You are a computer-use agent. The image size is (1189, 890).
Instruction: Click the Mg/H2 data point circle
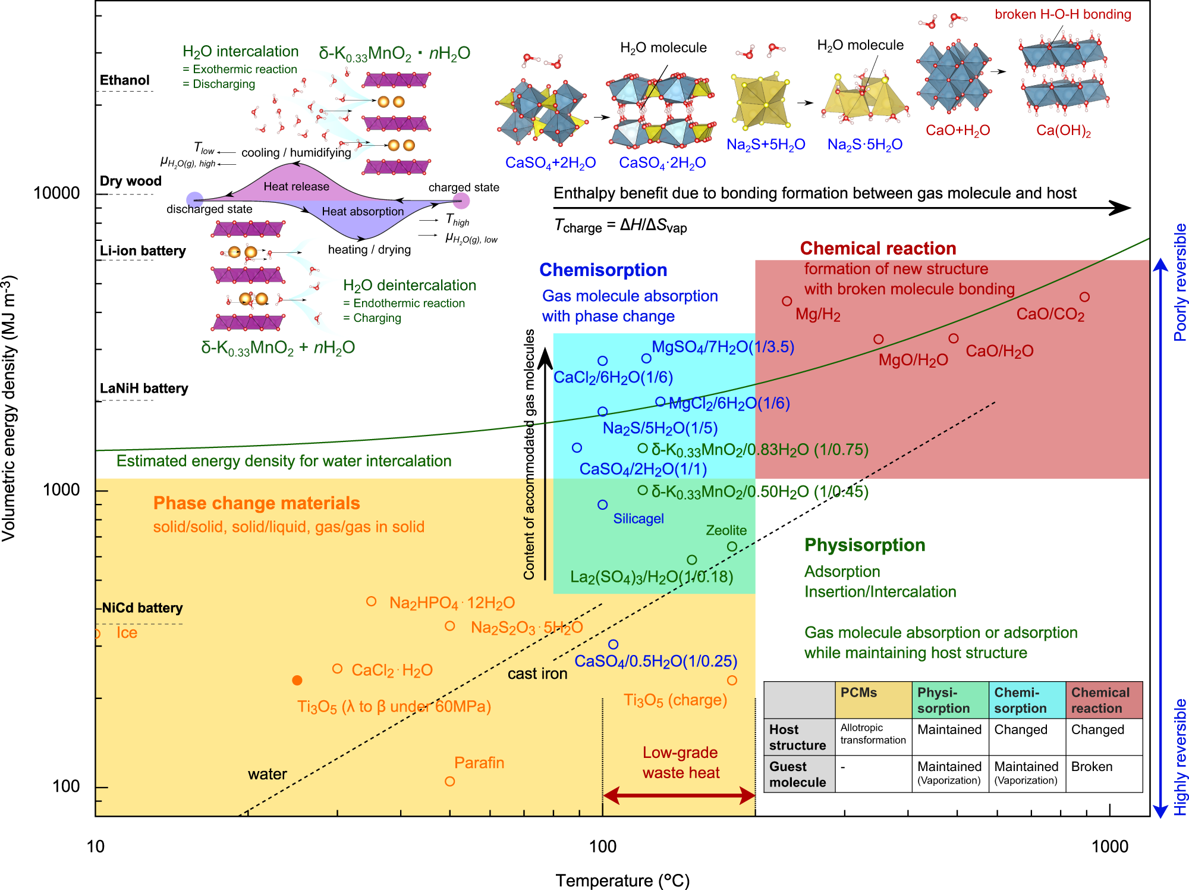point(787,301)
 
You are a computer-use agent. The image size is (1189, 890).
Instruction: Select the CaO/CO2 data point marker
point(1084,297)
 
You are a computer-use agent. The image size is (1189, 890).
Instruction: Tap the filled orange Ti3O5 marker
point(297,680)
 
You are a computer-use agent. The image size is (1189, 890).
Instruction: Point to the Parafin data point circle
point(450,781)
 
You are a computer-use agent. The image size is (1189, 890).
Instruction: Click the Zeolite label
point(726,530)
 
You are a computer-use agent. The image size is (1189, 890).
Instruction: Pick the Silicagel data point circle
point(603,504)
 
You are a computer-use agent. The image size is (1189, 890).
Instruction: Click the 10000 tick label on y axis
point(56,193)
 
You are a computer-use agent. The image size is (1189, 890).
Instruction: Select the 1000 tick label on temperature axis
point(1109,846)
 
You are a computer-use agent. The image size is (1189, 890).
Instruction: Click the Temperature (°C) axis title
point(622,880)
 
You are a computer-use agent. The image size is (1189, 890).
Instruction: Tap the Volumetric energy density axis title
point(9,408)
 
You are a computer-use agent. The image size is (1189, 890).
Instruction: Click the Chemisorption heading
point(603,270)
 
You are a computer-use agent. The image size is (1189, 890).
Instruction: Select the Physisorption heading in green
point(864,545)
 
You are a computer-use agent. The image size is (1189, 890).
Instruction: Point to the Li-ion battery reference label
point(143,251)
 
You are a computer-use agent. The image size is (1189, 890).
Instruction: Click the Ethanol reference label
point(124,80)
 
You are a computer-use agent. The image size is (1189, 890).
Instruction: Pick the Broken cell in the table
point(1092,767)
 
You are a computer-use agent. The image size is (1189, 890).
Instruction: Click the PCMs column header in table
point(858,692)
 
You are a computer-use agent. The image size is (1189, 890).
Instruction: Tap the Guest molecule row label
point(797,774)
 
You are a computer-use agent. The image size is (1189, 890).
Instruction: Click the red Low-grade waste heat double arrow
point(679,795)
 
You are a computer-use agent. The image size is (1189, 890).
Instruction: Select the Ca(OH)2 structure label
point(1063,131)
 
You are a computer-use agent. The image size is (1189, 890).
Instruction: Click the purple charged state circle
point(461,200)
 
